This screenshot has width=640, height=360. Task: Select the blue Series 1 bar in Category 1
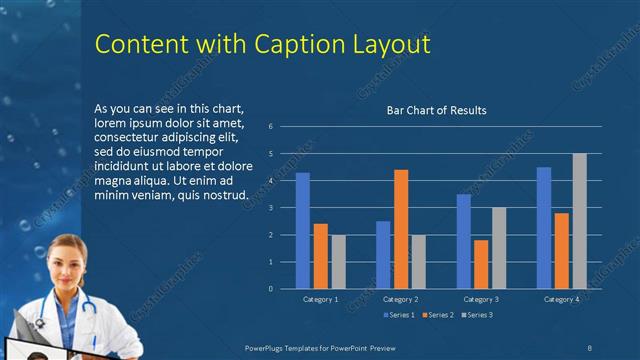302,230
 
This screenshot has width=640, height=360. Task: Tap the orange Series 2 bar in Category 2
401,229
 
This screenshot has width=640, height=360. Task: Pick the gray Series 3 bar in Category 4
579,221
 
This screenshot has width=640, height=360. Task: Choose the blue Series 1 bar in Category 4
544,227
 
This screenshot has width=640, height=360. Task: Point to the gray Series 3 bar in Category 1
338,261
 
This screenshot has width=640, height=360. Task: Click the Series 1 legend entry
401,315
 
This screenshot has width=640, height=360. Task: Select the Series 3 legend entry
476,315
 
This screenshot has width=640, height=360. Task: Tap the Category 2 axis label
400,299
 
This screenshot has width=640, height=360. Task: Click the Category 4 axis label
561,299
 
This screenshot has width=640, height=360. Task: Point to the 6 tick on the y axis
270,127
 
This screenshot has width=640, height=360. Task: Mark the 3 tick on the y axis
270,208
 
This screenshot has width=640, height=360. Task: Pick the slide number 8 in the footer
590,345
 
